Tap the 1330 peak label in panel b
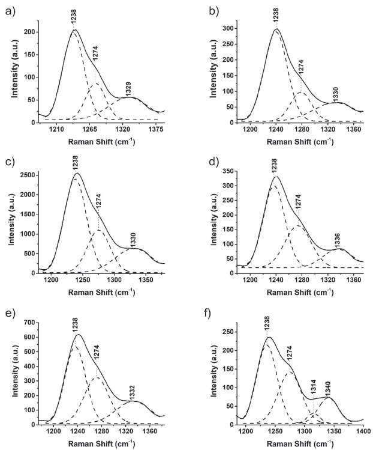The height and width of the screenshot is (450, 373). (x=335, y=94)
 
